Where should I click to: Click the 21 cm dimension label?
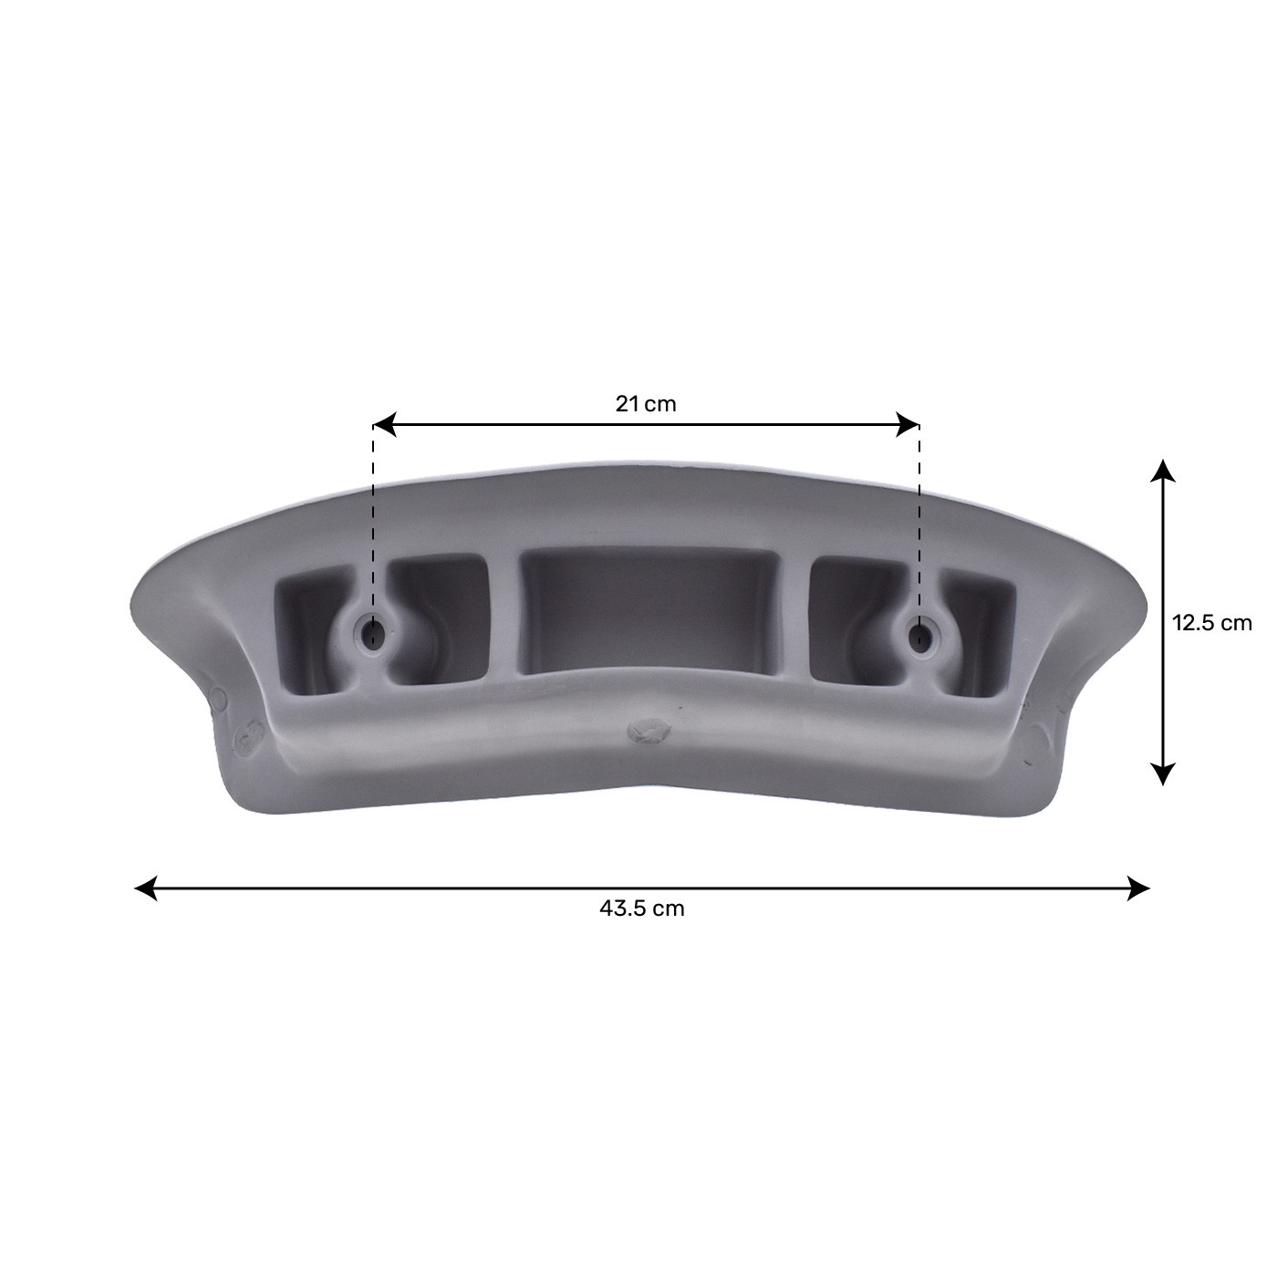click(x=646, y=403)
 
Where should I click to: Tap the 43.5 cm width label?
click(x=642, y=908)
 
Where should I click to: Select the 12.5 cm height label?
click(x=1211, y=623)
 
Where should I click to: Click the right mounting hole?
click(x=920, y=635)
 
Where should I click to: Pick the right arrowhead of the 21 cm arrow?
click(x=908, y=424)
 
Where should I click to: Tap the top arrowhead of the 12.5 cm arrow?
click(x=1161, y=471)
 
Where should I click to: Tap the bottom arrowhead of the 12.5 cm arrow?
click(x=1161, y=773)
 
